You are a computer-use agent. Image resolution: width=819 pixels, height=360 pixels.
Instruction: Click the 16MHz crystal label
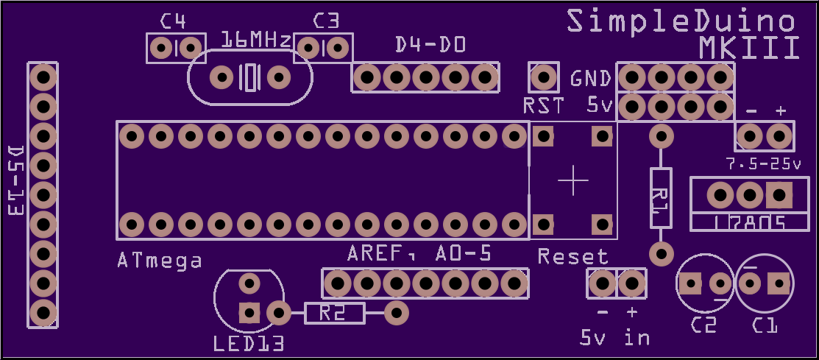(x=255, y=40)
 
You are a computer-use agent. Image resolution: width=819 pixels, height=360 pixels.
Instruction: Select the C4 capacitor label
(x=173, y=21)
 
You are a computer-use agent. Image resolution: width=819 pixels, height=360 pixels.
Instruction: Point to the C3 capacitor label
(x=326, y=21)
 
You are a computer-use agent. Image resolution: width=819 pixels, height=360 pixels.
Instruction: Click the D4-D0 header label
(x=430, y=46)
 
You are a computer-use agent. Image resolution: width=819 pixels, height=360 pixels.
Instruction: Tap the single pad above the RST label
(x=544, y=77)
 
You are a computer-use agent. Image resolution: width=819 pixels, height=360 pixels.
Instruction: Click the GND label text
(x=591, y=79)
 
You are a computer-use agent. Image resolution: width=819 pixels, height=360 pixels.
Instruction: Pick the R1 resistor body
(x=661, y=197)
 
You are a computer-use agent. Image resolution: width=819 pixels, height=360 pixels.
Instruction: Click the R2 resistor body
(x=334, y=314)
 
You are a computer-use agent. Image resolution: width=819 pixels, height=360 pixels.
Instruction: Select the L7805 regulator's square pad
(x=779, y=195)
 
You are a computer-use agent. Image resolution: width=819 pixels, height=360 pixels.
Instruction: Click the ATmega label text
(x=160, y=260)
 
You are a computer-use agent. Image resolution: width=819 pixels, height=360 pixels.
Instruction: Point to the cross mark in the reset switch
(x=573, y=180)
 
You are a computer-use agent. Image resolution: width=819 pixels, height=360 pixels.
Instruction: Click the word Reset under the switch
(x=573, y=256)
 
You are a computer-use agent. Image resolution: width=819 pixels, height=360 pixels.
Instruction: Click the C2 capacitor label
(x=703, y=325)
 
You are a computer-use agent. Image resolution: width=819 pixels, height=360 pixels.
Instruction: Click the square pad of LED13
(x=249, y=314)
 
